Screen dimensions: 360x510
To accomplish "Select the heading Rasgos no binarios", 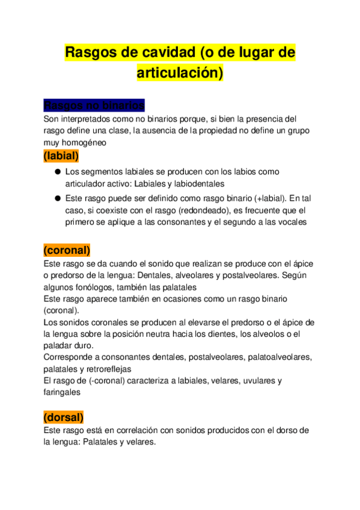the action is click(x=94, y=106).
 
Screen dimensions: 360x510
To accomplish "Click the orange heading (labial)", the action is click(x=61, y=156).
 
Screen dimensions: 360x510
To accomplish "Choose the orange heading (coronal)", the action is click(x=67, y=250).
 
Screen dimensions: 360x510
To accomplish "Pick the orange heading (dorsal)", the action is click(x=63, y=417).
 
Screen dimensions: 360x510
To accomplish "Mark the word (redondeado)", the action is click(x=185, y=210).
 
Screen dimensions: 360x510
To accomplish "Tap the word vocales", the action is click(x=291, y=222).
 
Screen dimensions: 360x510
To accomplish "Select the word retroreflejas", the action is click(x=108, y=368).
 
